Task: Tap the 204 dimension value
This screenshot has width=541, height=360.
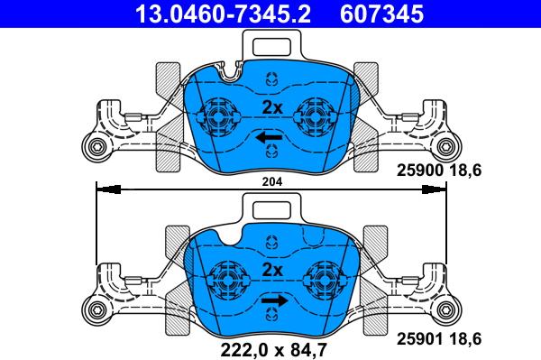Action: tap(270, 181)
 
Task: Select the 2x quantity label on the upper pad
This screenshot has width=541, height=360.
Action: tap(271, 107)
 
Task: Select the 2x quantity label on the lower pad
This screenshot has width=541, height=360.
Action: tap(271, 270)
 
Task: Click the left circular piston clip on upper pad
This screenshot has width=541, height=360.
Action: tap(218, 115)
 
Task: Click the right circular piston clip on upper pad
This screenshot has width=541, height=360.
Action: tap(318, 115)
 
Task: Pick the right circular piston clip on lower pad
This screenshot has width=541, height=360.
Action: tap(322, 278)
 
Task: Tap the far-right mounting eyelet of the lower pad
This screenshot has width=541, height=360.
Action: tap(448, 311)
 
